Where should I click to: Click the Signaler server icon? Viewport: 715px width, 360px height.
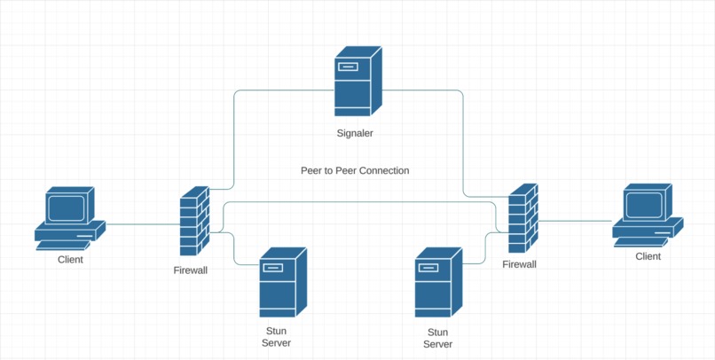pyautogui.click(x=358, y=81)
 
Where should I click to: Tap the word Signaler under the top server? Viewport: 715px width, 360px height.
pyautogui.click(x=355, y=134)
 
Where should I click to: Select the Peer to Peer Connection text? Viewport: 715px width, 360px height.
pyautogui.click(x=355, y=170)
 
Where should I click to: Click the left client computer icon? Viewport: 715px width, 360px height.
pyautogui.click(x=70, y=218)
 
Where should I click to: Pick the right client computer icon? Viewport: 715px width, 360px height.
pyautogui.click(x=648, y=215)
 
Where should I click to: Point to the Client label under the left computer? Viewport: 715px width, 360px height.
pyautogui.click(x=71, y=260)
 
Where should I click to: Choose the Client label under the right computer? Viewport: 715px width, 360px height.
pyautogui.click(x=648, y=256)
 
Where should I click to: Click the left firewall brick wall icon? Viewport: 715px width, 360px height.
pyautogui.click(x=194, y=221)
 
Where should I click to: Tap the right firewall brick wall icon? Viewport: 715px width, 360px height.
pyautogui.click(x=523, y=218)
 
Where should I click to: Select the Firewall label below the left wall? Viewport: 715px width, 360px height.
pyautogui.click(x=191, y=270)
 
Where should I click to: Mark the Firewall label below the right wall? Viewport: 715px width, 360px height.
pyautogui.click(x=519, y=264)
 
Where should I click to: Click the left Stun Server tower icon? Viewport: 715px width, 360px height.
pyautogui.click(x=283, y=282)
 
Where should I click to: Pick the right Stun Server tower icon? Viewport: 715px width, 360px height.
pyautogui.click(x=438, y=282)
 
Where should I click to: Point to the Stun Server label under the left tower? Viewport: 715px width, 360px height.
pyautogui.click(x=276, y=337)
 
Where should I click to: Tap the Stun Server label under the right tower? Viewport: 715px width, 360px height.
pyautogui.click(x=437, y=338)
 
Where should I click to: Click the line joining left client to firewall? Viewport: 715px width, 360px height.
pyautogui.click(x=143, y=224)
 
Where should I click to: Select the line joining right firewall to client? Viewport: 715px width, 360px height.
pyautogui.click(x=575, y=221)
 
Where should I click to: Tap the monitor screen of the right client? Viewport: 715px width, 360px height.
pyautogui.click(x=644, y=205)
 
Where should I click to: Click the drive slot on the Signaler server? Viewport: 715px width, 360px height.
pyautogui.click(x=348, y=67)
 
